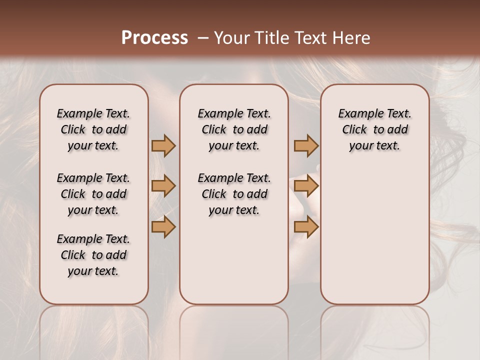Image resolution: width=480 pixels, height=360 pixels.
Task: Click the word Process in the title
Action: tap(154, 38)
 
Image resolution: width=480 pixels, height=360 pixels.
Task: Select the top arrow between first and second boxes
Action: tap(163, 146)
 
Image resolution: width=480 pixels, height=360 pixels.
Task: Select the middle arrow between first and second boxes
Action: tap(163, 186)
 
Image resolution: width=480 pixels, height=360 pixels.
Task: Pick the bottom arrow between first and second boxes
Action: tap(163, 227)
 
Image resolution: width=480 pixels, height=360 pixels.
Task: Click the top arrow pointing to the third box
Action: tap(306, 146)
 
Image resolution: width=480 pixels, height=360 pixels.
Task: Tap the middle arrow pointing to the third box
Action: tap(306, 186)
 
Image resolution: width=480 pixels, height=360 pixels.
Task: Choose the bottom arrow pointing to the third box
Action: tap(306, 227)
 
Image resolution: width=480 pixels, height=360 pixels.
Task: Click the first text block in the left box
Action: tap(93, 129)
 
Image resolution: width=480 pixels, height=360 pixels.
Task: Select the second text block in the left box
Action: tap(93, 194)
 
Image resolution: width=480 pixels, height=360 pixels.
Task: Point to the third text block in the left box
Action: tap(93, 255)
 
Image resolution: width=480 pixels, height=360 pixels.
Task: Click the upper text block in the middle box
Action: tap(234, 129)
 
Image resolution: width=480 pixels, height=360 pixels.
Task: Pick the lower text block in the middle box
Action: tap(234, 194)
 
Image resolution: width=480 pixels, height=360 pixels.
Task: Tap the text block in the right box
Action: tap(375, 129)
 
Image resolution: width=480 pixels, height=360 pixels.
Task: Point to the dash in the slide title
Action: tap(203, 38)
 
